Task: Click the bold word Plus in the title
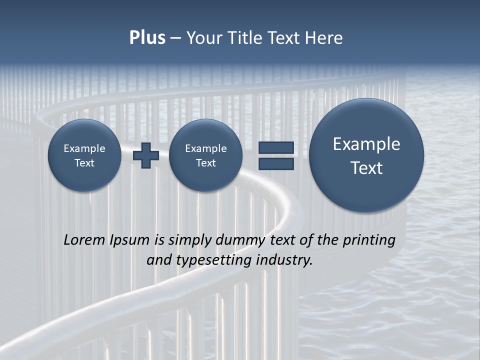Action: (147, 38)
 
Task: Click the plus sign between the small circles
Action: (146, 155)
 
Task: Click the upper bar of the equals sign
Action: (276, 147)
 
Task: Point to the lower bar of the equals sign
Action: (276, 164)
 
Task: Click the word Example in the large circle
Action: (366, 144)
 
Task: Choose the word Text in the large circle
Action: (366, 168)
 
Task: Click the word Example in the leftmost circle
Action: (84, 148)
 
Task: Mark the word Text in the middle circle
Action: (205, 163)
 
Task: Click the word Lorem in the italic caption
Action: (84, 240)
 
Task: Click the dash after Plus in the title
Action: (175, 38)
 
